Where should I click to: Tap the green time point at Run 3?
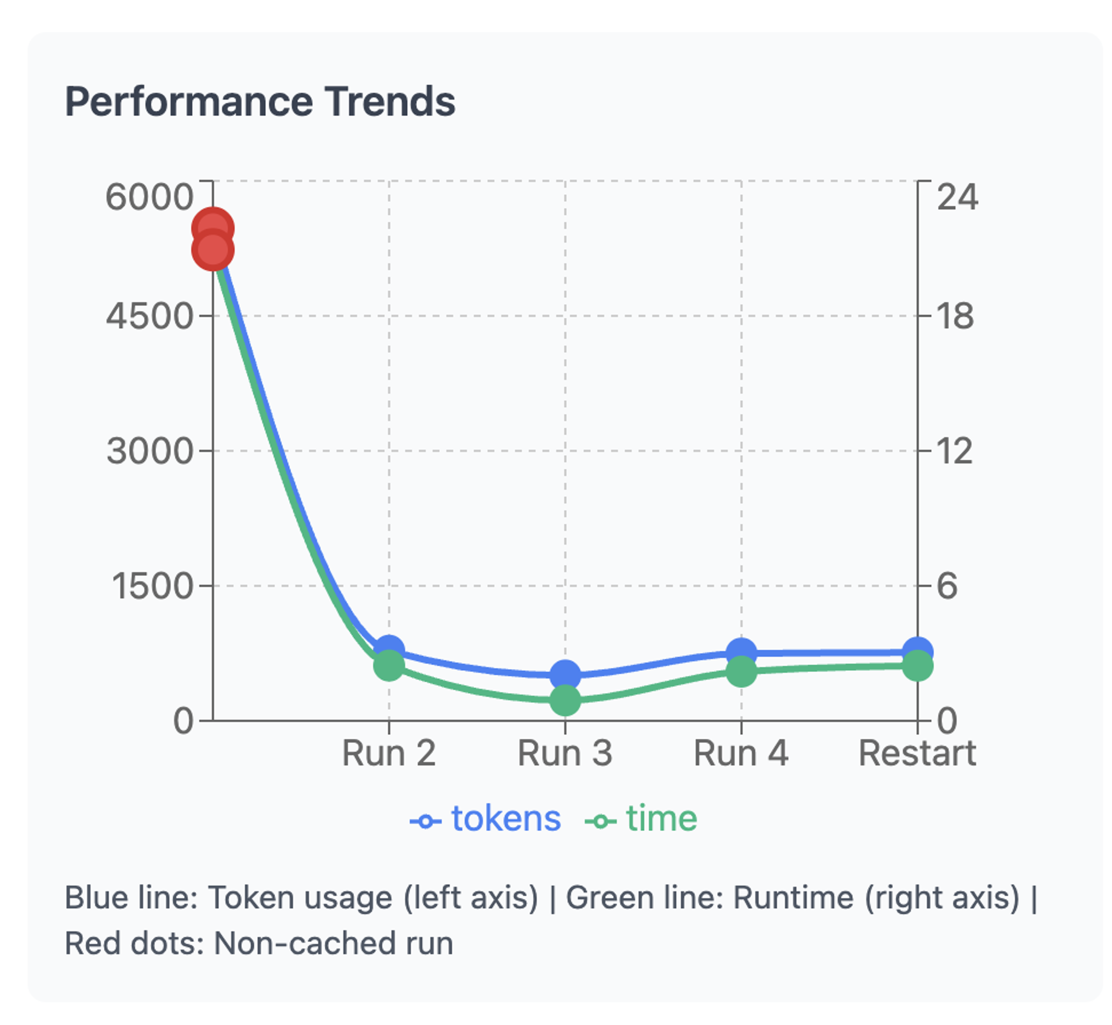pos(565,700)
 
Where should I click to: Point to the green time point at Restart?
pos(917,666)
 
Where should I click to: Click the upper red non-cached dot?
pos(213,227)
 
